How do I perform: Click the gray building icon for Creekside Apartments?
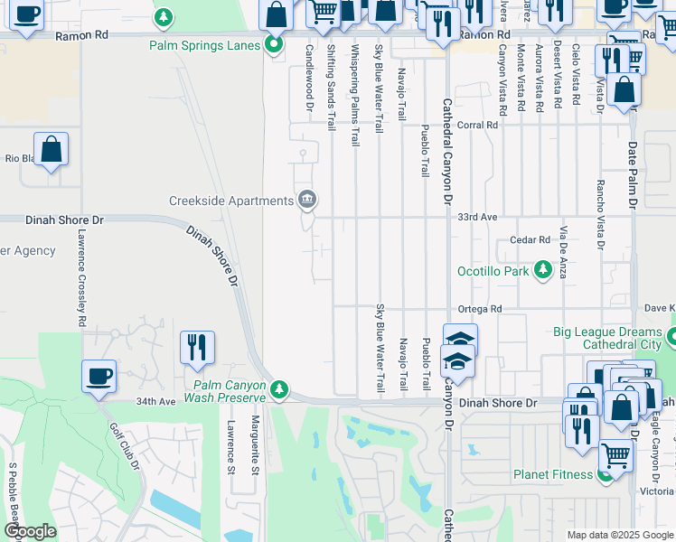tap(307, 199)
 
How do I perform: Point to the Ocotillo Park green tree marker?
tap(542, 270)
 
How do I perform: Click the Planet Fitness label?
tap(553, 474)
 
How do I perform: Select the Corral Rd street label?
tap(477, 126)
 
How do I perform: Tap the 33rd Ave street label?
tap(477, 218)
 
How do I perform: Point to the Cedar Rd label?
tap(530, 240)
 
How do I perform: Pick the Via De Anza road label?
tap(563, 251)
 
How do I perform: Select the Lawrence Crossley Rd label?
tap(81, 276)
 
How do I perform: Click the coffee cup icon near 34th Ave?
tap(99, 375)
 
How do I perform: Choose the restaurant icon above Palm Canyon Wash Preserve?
tap(196, 347)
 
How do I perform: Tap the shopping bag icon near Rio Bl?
tap(52, 148)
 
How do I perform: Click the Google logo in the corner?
tap(30, 531)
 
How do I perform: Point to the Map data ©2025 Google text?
tap(620, 535)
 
